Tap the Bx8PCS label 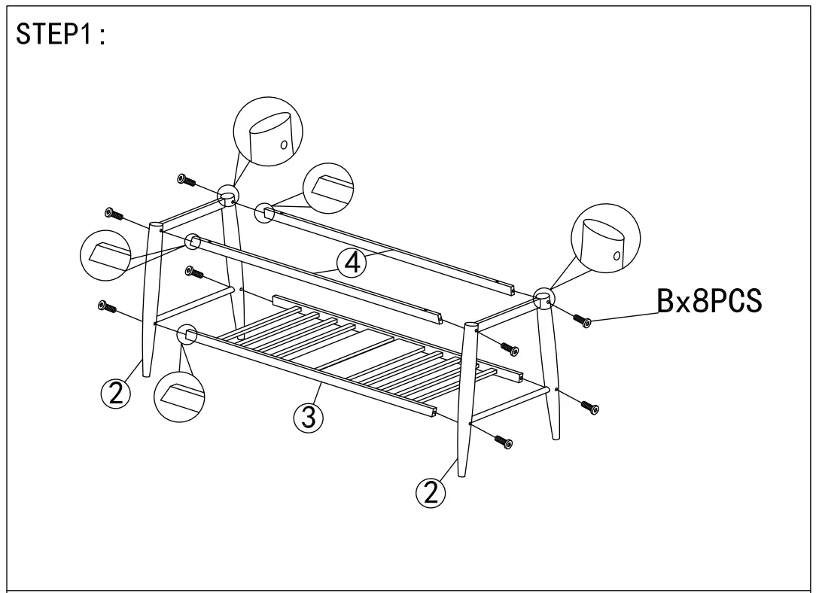pyautogui.click(x=709, y=301)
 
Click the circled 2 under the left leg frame pyautogui.click(x=115, y=392)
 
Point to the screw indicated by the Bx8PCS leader pyautogui.click(x=583, y=321)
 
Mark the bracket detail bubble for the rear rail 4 pyautogui.click(x=328, y=189)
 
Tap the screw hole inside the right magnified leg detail pyautogui.click(x=617, y=256)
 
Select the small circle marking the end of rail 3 pyautogui.click(x=186, y=334)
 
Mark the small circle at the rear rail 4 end pyautogui.click(x=264, y=212)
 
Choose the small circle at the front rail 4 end pyautogui.click(x=193, y=242)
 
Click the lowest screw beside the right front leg pyautogui.click(x=502, y=442)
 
